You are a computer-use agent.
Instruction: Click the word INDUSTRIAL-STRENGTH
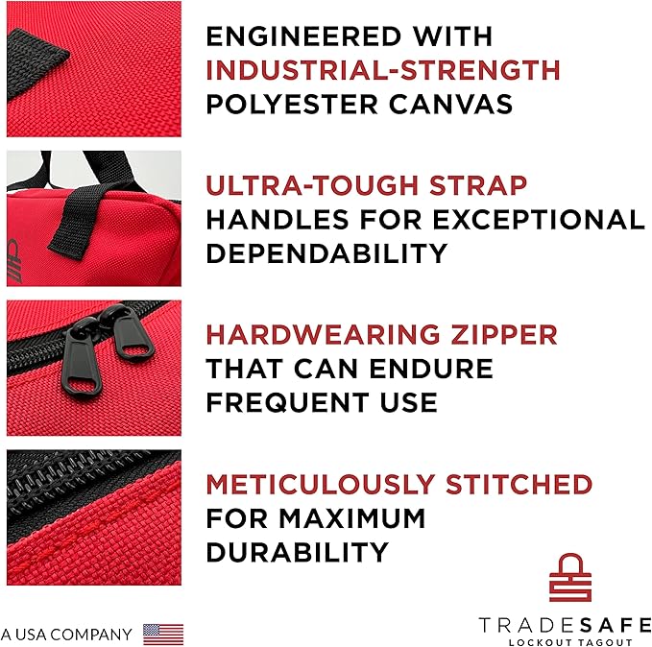(383, 70)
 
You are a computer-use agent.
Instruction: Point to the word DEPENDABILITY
(326, 253)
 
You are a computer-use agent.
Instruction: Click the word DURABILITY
(297, 552)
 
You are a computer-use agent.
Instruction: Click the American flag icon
(163, 634)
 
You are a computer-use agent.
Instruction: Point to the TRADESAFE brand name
(556, 624)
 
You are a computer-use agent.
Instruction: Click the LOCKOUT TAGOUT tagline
(556, 641)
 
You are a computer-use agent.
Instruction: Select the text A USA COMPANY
(66, 635)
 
